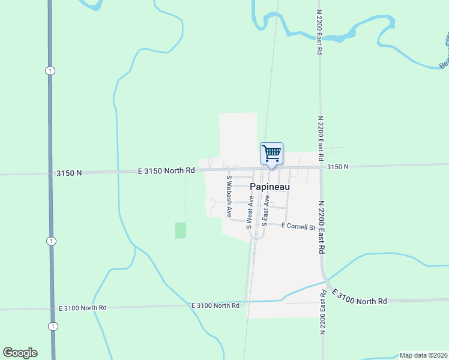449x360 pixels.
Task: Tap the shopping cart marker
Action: point(271,153)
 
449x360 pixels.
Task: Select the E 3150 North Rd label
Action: point(166,170)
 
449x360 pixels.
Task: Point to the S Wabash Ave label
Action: point(229,196)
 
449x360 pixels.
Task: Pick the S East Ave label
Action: point(265,210)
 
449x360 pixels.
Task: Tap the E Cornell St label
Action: point(298,226)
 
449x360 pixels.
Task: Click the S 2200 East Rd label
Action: point(324,311)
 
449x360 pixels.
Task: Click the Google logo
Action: point(20,353)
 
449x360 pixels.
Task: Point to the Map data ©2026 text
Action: point(423,355)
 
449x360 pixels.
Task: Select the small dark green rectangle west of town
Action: point(180,230)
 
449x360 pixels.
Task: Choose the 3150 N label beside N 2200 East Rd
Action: point(337,167)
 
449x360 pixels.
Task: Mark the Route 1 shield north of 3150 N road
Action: point(50,71)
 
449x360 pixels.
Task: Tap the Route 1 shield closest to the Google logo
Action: point(53,326)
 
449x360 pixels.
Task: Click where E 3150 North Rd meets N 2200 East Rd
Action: point(321,167)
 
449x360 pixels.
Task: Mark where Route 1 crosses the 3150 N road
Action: point(50,174)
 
